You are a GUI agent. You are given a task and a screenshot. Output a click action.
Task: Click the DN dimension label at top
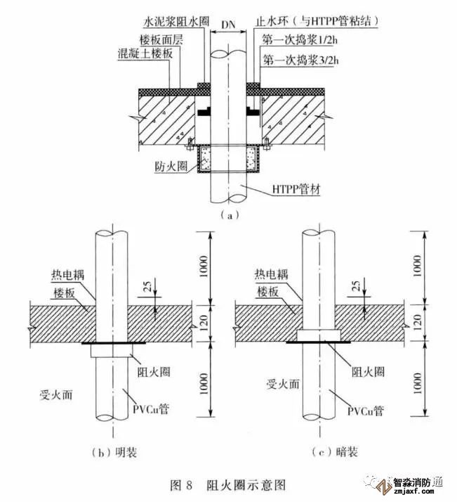pos(228,25)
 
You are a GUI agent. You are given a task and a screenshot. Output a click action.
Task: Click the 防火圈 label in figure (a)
pos(168,167)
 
